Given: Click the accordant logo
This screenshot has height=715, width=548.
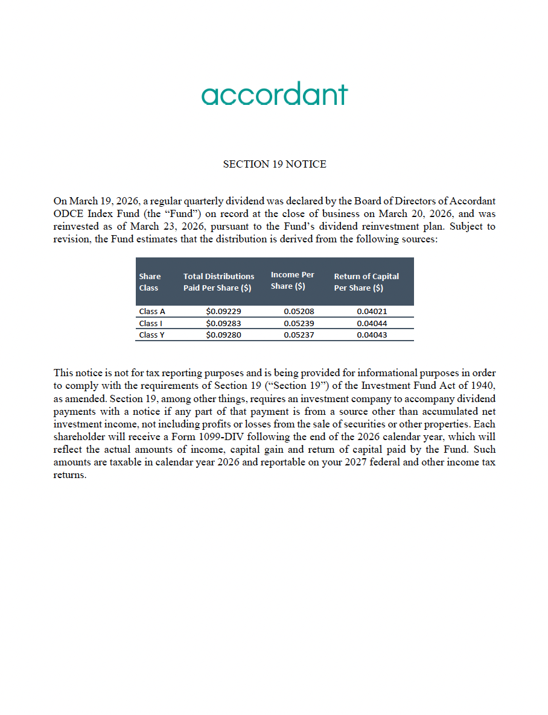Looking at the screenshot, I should [x=275, y=95].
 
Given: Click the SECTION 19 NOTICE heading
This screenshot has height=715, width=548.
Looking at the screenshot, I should [x=275, y=164].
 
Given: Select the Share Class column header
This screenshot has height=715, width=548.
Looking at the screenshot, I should [x=150, y=282].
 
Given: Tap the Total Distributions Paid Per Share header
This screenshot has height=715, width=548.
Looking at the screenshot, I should [x=218, y=282].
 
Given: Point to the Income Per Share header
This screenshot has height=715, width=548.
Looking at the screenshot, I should [x=292, y=280].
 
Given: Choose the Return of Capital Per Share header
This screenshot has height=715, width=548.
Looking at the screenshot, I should [x=366, y=282].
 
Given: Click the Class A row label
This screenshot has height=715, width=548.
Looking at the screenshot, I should [x=152, y=312].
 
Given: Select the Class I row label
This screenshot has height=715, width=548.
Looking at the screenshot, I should [x=150, y=323].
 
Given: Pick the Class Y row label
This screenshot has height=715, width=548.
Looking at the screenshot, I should [x=151, y=335].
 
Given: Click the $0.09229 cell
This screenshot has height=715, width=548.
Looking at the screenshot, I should [x=223, y=312].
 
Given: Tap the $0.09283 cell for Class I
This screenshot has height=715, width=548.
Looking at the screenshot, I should [x=223, y=323].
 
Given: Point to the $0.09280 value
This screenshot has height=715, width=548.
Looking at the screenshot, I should [x=223, y=335].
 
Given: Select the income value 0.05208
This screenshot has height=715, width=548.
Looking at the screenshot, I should [x=299, y=312].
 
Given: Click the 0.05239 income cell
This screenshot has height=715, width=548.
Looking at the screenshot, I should [x=299, y=323].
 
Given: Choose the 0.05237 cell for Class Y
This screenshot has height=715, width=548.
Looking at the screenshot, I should [x=299, y=335].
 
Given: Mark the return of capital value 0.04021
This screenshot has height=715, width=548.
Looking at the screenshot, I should [x=372, y=312].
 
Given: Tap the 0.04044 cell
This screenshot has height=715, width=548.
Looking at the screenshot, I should [x=372, y=323].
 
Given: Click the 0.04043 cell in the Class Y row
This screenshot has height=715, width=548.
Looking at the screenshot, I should [x=372, y=335].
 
